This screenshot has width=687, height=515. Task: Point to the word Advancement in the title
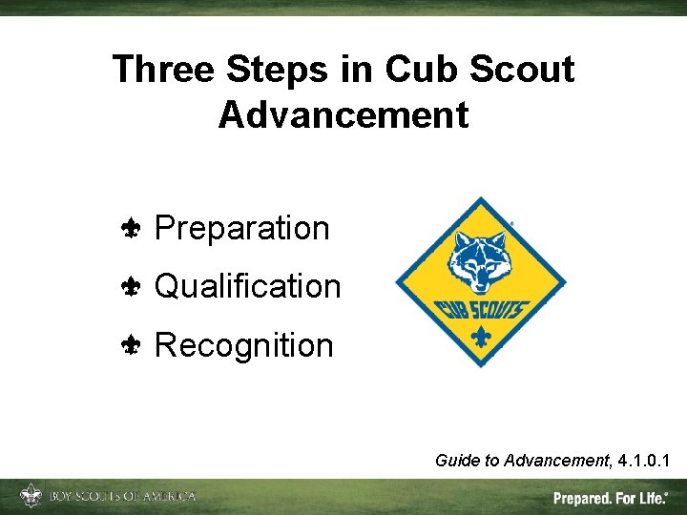(343, 114)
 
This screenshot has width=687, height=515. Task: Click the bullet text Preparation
(241, 229)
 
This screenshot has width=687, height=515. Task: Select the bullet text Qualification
(247, 286)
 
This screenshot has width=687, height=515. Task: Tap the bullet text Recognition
(243, 345)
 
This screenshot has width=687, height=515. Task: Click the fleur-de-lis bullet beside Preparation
(132, 229)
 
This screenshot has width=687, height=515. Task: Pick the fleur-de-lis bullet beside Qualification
(132, 286)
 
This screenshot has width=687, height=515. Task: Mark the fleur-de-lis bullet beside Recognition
(132, 345)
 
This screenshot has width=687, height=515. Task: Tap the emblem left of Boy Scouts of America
(31, 496)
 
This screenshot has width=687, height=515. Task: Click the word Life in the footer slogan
(653, 498)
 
